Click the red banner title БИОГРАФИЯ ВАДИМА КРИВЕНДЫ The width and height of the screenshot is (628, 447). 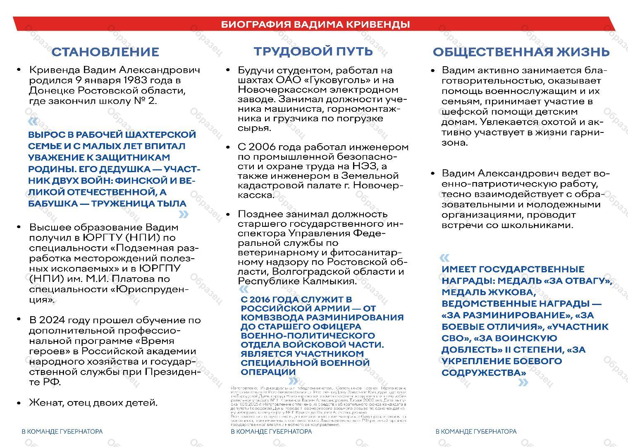315,24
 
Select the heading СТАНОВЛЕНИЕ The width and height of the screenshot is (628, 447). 105,52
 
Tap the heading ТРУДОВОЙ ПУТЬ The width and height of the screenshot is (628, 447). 313,51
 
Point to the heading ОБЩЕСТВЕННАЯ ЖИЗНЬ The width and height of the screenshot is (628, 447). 521,52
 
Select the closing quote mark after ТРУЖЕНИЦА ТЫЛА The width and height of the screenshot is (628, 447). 183,214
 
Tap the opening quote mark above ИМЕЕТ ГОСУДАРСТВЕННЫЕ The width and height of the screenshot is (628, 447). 444,258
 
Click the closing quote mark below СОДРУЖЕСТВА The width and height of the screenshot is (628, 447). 523,383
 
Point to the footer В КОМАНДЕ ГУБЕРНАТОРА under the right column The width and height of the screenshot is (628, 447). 476,432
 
